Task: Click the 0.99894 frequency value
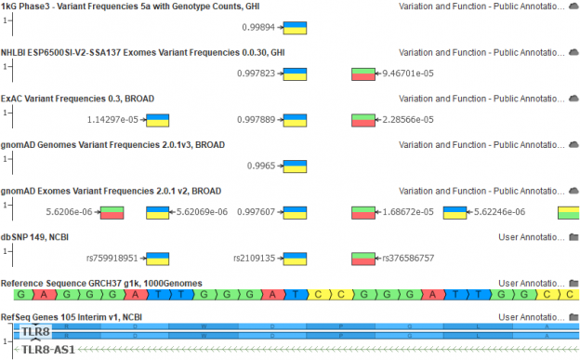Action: (259, 27)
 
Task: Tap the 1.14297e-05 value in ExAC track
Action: (112, 119)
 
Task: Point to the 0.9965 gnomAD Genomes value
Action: (262, 166)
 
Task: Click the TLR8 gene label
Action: (36, 331)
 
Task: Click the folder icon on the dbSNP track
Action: (572, 237)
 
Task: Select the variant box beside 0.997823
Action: (296, 73)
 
